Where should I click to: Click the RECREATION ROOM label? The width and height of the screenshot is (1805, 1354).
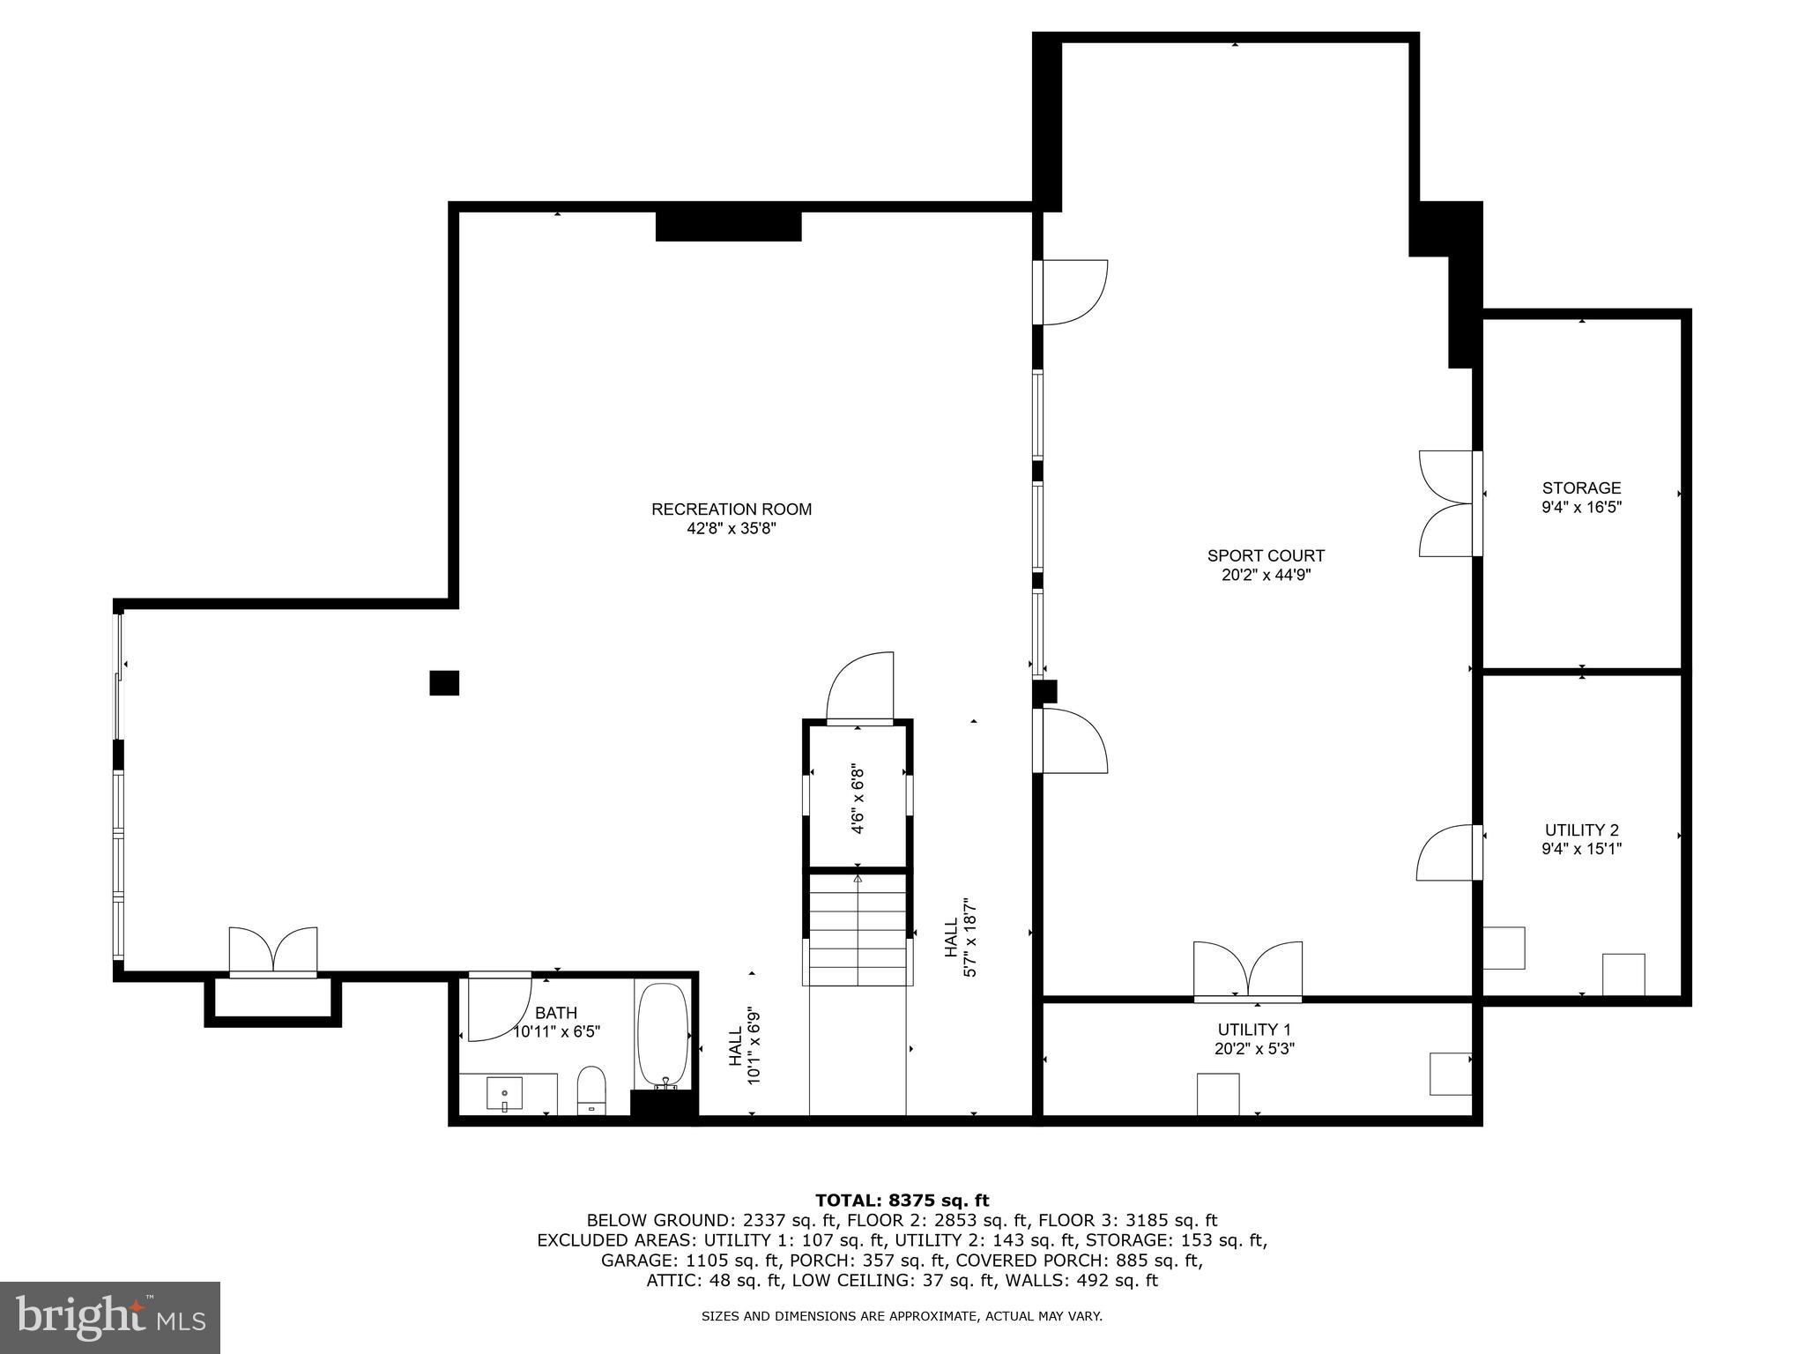732,510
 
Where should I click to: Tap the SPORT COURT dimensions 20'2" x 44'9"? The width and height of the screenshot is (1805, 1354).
1266,576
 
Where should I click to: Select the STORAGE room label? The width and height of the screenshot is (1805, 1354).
1581,488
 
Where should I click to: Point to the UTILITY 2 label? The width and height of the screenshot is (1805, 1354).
1581,830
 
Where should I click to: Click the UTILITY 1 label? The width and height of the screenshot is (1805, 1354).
1254,1030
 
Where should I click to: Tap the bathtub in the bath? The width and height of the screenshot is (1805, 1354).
663,1037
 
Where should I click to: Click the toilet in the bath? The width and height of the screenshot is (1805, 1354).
591,1090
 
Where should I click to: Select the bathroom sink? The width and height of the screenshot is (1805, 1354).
504,1093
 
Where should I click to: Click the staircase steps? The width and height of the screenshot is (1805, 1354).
858,930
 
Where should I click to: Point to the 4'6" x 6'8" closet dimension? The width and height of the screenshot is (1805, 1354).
857,799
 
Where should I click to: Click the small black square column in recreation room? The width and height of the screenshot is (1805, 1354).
444,683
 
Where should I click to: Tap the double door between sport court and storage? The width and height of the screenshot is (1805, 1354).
1447,503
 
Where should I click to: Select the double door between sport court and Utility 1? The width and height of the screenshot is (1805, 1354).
1248,971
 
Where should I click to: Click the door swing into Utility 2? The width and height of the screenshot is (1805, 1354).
1445,853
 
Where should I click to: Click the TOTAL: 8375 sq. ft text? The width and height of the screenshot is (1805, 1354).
902,1201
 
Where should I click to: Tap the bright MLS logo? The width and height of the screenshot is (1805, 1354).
110,1318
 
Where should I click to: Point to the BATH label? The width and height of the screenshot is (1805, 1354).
555,1014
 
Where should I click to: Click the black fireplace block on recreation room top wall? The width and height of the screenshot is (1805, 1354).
728,226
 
